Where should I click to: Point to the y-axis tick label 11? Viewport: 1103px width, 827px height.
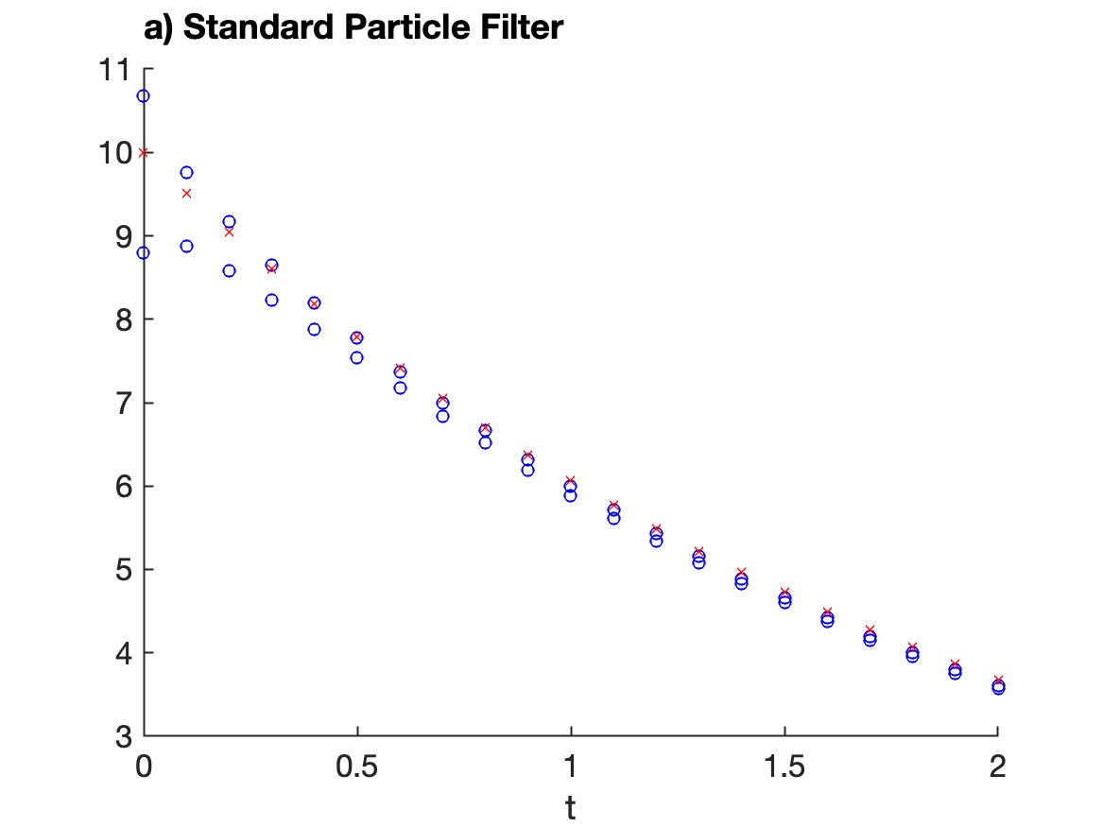pyautogui.click(x=114, y=70)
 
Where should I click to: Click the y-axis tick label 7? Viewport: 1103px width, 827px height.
pyautogui.click(x=124, y=403)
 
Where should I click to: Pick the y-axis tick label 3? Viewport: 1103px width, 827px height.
pyautogui.click(x=124, y=736)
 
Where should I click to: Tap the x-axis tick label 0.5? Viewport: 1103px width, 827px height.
pyautogui.click(x=356, y=767)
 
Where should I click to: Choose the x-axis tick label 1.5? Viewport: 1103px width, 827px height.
pyautogui.click(x=784, y=767)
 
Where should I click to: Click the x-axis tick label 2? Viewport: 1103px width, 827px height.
pyautogui.click(x=997, y=767)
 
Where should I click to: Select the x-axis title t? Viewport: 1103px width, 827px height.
pyautogui.click(x=571, y=808)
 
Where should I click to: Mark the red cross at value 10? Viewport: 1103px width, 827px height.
pyautogui.click(x=144, y=152)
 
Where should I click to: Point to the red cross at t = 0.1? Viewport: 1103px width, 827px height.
pyautogui.click(x=186, y=194)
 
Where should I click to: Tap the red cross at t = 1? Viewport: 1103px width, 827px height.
pyautogui.click(x=571, y=481)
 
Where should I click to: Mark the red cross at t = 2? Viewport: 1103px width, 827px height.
pyautogui.click(x=998, y=680)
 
